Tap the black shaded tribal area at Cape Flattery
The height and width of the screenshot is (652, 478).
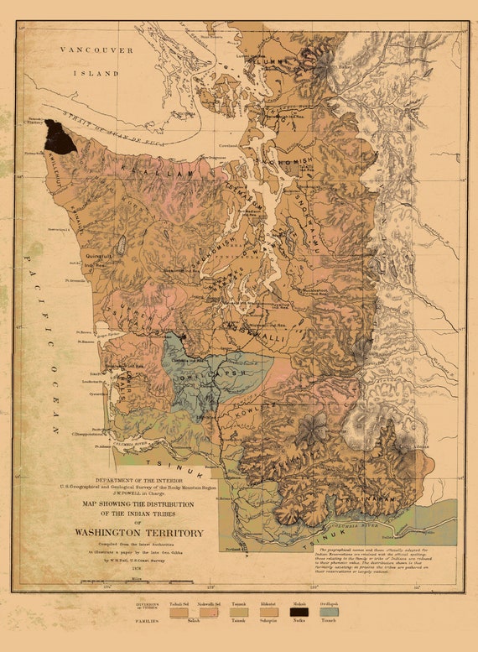[60, 138]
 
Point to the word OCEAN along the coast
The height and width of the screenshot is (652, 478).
[51, 403]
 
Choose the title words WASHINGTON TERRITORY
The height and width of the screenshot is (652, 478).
[139, 533]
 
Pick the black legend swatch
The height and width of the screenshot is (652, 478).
[299, 613]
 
